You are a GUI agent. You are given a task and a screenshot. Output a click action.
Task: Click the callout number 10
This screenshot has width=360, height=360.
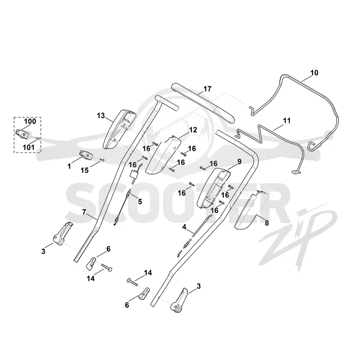[314, 73]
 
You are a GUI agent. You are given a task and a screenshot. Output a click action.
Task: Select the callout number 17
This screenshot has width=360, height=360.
[207, 89]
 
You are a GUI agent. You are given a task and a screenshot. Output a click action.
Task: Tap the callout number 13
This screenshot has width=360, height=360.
[101, 116]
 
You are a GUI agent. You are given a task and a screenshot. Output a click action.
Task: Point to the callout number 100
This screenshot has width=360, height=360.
[30, 121]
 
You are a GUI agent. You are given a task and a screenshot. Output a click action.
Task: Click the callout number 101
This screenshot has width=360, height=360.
[29, 147]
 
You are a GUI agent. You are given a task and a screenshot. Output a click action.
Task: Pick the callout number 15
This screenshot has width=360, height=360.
[85, 171]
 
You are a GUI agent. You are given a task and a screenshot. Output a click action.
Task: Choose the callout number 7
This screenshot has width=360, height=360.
[84, 212]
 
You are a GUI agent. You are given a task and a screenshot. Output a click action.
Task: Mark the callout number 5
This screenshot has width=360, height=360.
[140, 202]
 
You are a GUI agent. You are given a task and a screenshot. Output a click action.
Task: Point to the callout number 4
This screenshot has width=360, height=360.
[184, 227]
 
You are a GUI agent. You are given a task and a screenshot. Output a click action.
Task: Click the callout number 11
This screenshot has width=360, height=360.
[287, 121]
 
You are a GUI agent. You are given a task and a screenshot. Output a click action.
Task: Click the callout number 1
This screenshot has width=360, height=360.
[69, 166]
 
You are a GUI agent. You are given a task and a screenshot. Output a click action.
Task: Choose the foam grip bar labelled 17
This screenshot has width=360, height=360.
[203, 103]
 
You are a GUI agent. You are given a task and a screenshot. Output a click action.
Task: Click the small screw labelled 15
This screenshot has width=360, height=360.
[103, 160]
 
